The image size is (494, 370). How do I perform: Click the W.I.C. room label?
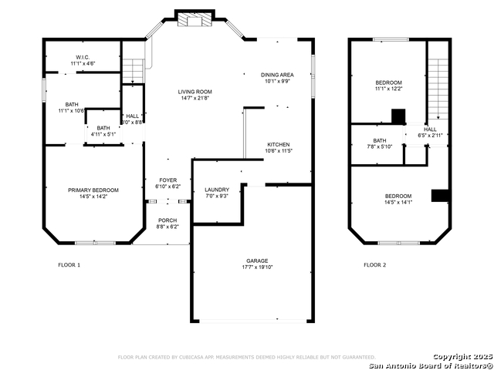(x=82, y=57)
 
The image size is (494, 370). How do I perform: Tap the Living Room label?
(x=195, y=92)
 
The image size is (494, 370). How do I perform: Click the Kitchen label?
(x=278, y=145)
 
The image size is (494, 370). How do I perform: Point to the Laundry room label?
(x=217, y=190)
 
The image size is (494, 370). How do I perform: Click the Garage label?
(x=253, y=261)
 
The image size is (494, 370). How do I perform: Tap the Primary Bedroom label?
(x=93, y=190)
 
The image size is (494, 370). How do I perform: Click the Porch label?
(x=167, y=221)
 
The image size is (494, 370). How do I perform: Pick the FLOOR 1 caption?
(x=69, y=264)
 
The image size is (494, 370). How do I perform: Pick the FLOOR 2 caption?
(x=375, y=264)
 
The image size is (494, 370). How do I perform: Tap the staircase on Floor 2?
(x=438, y=89)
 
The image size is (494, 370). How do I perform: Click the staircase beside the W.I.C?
(x=134, y=71)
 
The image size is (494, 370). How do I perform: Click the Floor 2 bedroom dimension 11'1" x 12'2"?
(x=389, y=89)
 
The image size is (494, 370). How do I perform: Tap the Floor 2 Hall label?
(x=430, y=129)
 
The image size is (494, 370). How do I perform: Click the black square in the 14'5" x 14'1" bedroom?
(x=440, y=195)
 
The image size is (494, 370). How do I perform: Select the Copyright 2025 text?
(x=460, y=357)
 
